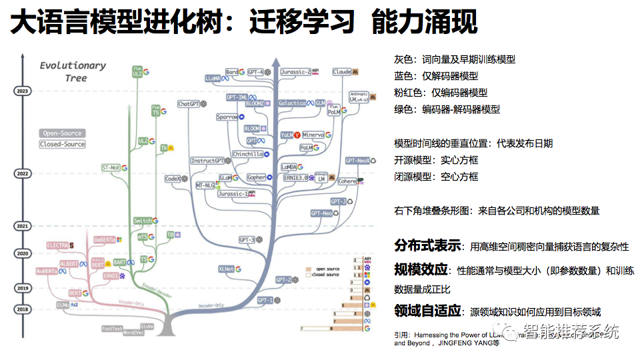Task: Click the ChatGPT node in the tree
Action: [189, 104]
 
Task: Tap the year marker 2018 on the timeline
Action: [24, 309]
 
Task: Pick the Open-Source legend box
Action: [63, 133]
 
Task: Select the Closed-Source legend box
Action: [63, 144]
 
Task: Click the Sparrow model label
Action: [227, 117]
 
